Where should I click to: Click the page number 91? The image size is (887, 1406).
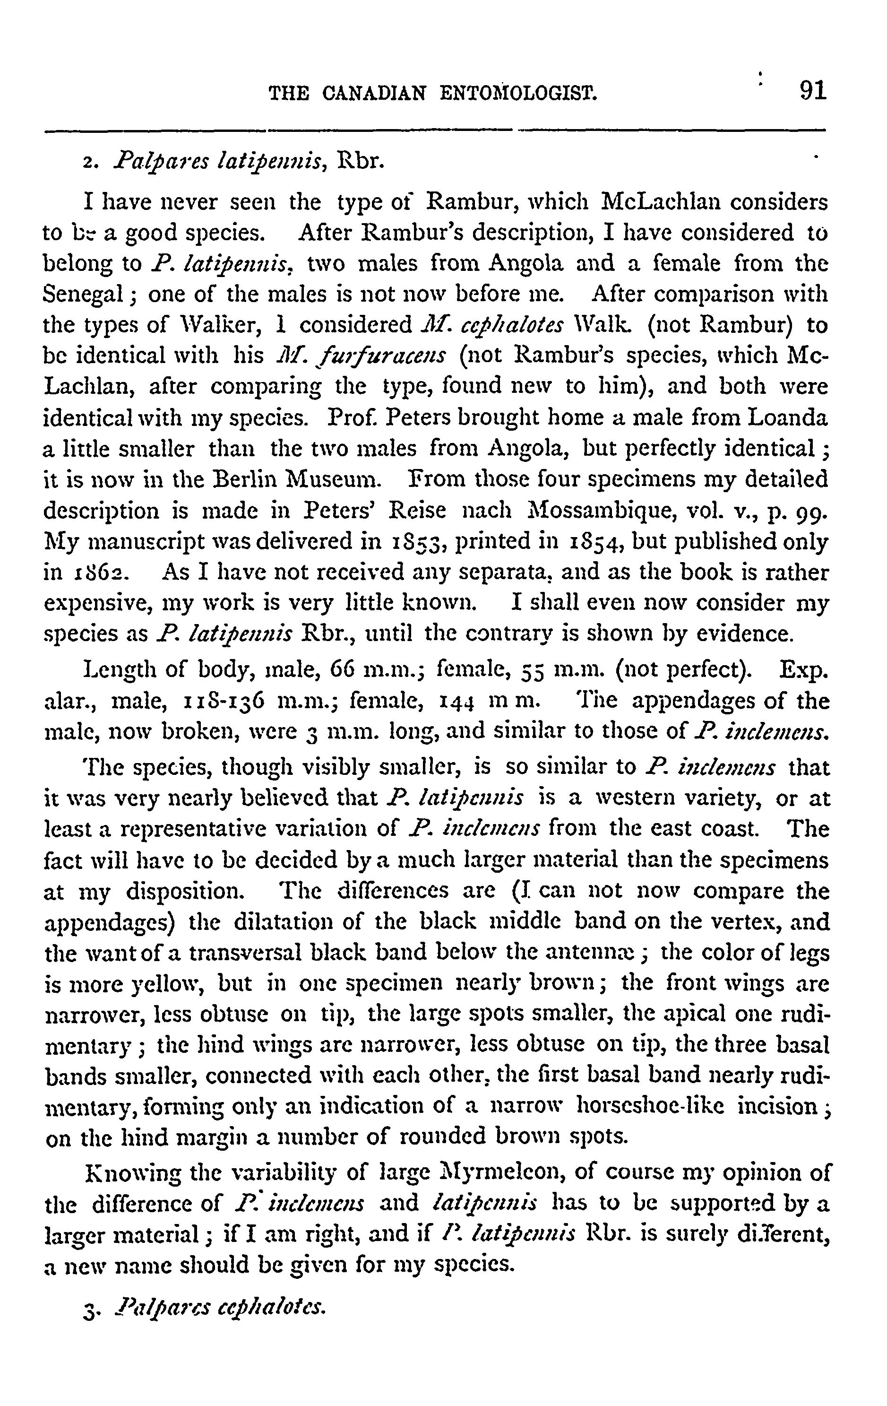(x=813, y=92)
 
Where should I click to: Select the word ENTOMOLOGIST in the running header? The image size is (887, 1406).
(x=519, y=94)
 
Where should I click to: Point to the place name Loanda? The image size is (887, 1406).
(x=788, y=418)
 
